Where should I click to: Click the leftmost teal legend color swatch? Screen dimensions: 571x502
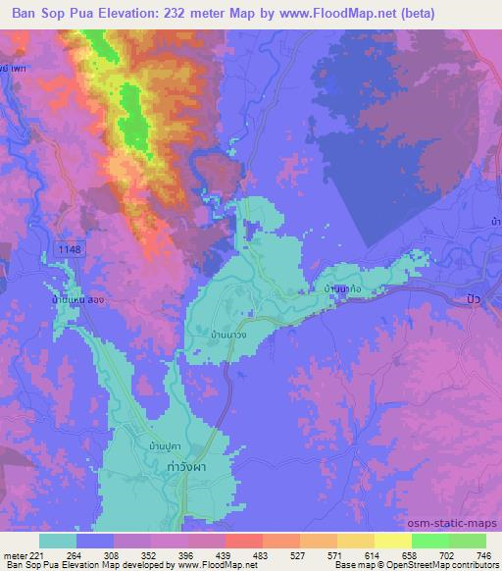59,541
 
